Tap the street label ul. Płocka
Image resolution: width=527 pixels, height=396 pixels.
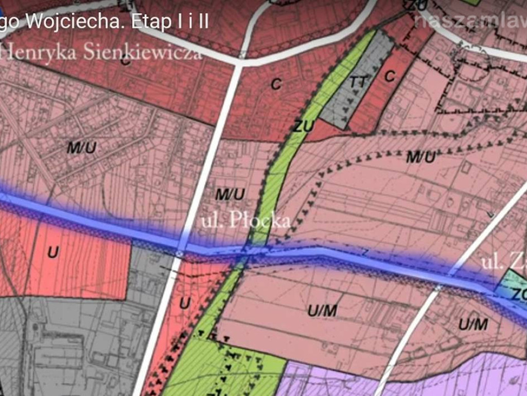click(245, 221)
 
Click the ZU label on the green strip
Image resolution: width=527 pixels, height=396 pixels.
click(303, 125)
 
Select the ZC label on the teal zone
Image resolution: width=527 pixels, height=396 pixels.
click(519, 294)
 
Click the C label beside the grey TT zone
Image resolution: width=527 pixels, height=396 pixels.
click(390, 76)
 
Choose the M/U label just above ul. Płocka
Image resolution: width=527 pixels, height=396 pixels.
click(230, 194)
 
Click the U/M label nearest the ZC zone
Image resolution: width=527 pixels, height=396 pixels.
click(473, 324)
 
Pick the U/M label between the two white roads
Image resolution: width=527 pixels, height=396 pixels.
click(322, 310)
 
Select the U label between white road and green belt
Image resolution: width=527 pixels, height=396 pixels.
click(184, 304)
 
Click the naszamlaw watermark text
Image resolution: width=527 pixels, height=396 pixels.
click(470, 21)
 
